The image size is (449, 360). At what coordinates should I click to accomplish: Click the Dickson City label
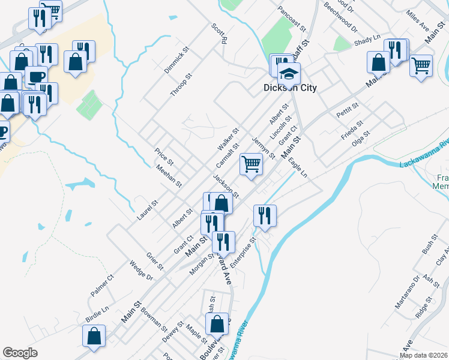(291, 88)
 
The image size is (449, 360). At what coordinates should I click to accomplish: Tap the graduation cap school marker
(289, 73)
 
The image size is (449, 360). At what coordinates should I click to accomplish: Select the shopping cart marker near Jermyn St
(252, 163)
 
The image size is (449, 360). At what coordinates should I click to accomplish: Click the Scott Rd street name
(219, 34)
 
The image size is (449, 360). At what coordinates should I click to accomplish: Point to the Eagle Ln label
(298, 169)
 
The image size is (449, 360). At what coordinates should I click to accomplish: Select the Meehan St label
(169, 176)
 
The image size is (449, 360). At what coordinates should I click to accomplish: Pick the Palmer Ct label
(102, 286)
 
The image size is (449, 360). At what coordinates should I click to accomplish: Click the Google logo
(20, 353)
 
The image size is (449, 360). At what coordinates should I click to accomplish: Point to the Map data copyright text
(423, 355)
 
